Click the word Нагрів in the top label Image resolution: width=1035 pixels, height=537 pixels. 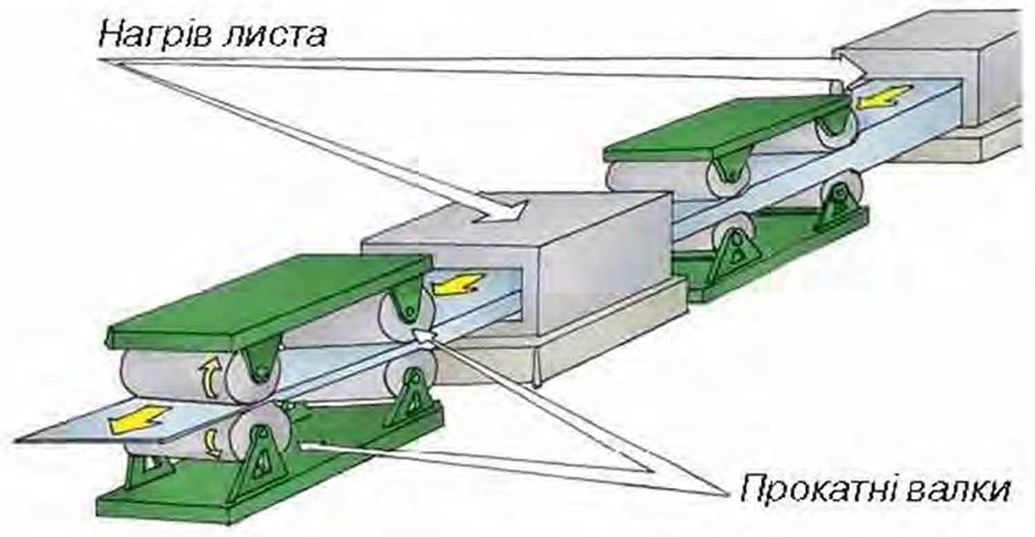(x=154, y=36)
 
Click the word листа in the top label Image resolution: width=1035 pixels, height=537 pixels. (x=274, y=34)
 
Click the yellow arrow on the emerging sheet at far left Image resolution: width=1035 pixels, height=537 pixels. (x=139, y=418)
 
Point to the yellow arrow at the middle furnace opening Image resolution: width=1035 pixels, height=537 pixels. (x=457, y=283)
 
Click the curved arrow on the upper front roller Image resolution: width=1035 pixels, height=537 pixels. (x=209, y=377)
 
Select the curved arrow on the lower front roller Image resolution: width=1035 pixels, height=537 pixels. (x=212, y=443)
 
